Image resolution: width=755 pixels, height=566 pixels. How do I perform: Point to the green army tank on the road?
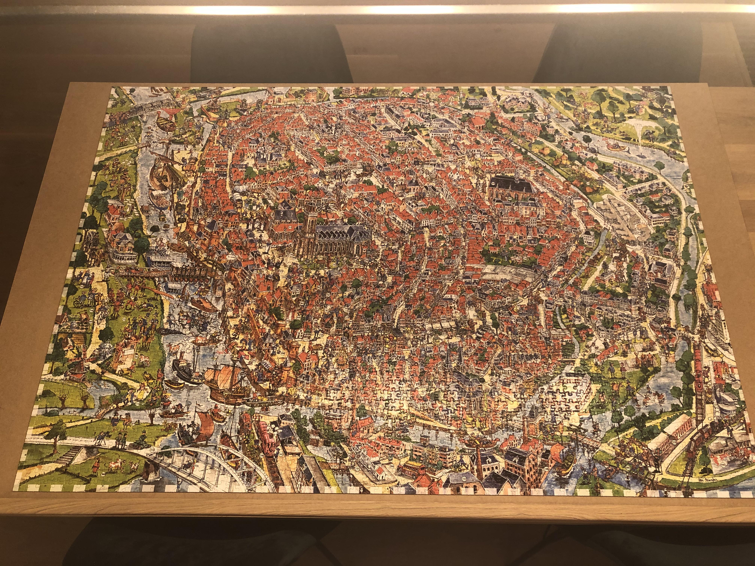pyautogui.click(x=140, y=445)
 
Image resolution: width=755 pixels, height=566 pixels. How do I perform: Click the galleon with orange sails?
pyautogui.click(x=227, y=382)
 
